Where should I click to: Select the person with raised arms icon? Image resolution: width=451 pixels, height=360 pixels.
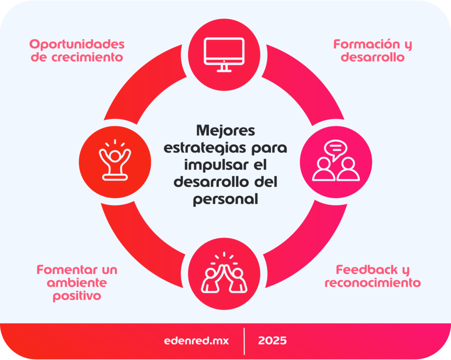(x=115, y=159)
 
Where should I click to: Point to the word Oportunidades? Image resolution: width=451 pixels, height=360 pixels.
(x=77, y=44)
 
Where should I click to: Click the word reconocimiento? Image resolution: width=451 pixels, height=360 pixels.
(x=373, y=283)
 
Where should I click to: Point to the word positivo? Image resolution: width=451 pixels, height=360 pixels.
(x=77, y=296)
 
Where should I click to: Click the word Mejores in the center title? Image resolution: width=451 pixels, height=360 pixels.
(x=225, y=131)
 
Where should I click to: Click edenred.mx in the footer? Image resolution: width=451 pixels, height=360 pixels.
(x=196, y=341)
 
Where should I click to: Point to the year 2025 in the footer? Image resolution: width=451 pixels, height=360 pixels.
(x=273, y=341)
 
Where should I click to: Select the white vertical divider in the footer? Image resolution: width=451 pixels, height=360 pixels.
(x=244, y=341)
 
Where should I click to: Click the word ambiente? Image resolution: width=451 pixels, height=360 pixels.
(x=77, y=283)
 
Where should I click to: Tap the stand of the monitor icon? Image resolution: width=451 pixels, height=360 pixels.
(x=224, y=68)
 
